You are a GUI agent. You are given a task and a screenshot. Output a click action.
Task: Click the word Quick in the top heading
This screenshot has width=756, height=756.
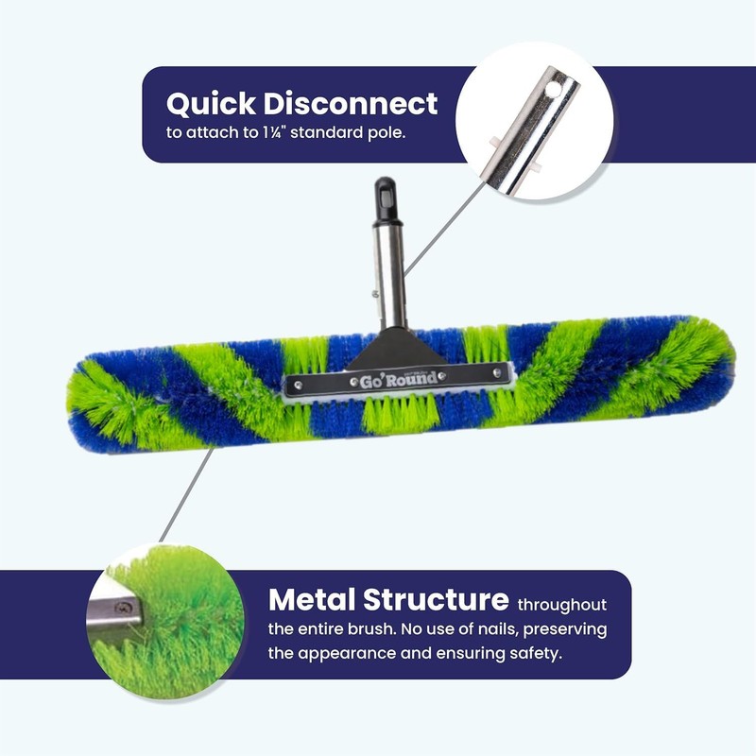(x=211, y=104)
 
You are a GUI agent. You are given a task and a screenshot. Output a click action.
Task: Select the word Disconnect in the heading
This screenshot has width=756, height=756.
(x=351, y=103)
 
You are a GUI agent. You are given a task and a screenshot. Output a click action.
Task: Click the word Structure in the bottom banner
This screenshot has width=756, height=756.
(x=436, y=599)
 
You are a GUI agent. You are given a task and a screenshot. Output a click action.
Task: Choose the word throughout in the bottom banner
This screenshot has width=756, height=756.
(x=562, y=605)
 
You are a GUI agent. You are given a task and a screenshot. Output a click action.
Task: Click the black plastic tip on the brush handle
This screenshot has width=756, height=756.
(x=386, y=200)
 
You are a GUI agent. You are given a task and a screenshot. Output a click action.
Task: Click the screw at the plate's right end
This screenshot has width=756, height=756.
(x=497, y=372)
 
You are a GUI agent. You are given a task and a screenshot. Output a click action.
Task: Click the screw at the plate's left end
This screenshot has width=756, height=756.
(x=299, y=386)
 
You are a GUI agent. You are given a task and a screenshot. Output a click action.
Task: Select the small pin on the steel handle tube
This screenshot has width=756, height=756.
(x=374, y=294)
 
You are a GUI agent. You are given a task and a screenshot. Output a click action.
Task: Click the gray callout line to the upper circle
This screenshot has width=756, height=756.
(x=443, y=229)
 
